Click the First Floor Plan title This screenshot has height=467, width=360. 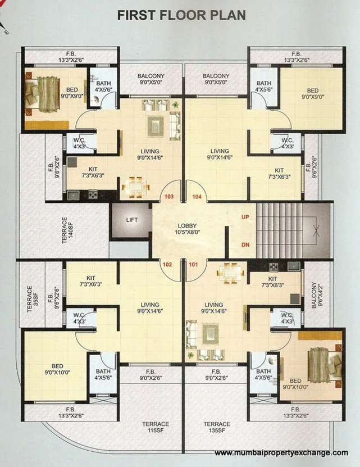[x=181, y=15]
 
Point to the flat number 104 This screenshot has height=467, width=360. [x=197, y=197]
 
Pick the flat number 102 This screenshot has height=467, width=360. [x=167, y=264]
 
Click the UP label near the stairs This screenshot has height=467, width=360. [x=245, y=216]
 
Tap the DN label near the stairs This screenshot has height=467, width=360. [x=245, y=244]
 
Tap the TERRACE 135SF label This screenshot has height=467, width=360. [x=217, y=427]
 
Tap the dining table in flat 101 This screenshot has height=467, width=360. [x=230, y=275]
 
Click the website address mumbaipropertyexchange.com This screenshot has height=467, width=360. [x=281, y=453]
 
